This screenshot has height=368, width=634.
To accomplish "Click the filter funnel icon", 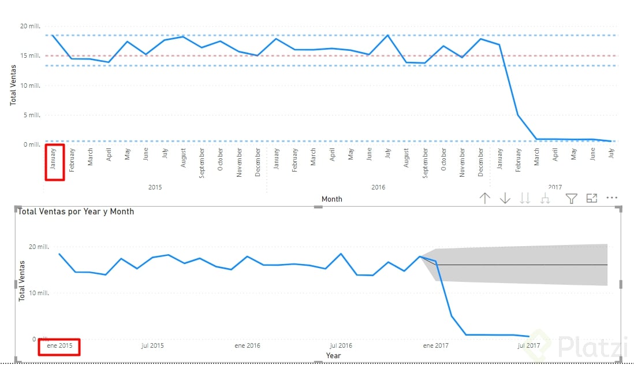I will click(571, 199).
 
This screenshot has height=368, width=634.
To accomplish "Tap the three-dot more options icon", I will click(612, 198).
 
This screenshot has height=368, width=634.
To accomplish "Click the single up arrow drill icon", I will click(485, 199).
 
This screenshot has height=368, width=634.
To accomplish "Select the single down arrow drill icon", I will click(505, 199).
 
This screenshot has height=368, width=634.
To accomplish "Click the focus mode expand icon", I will click(591, 198).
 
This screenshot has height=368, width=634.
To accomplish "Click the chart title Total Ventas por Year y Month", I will click(76, 211).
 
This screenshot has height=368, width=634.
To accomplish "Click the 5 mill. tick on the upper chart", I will click(32, 115).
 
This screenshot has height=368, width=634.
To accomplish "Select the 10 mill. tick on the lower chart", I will click(39, 293).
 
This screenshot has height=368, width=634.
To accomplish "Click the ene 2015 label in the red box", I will click(59, 346).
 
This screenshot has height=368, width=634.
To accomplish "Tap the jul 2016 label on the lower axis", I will click(341, 346).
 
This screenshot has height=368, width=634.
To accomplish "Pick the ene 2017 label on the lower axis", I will click(435, 346).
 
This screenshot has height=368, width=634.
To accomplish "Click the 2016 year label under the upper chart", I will click(378, 187).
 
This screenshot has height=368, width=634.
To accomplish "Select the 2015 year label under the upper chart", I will click(155, 187).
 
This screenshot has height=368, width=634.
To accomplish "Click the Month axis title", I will click(331, 199).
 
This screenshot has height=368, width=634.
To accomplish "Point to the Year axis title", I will click(333, 356).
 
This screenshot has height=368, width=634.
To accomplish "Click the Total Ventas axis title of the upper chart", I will click(13, 84).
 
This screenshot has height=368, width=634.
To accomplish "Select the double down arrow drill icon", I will click(525, 199).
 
